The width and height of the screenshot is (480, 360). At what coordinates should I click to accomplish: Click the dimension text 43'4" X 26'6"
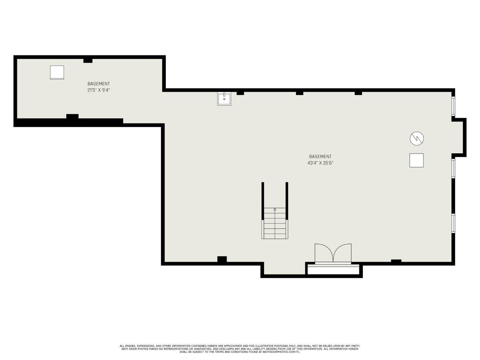pos(320,163)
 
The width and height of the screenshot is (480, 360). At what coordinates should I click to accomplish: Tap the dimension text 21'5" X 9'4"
pos(99,90)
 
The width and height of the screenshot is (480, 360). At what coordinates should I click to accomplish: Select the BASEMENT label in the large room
pos(320,156)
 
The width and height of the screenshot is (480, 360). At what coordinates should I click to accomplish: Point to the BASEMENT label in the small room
pos(99,84)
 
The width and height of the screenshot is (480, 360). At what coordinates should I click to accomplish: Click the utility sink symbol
pos(224,99)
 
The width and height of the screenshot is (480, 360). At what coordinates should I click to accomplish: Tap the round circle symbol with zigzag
pos(417,139)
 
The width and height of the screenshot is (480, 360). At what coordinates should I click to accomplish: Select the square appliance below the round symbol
pos(417,160)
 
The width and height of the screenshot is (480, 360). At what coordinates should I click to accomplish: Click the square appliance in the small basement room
pos(57,72)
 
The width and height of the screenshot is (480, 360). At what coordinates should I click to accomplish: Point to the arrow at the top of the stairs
pos(275,209)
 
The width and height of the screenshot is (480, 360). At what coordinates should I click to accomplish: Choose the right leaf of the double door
pos(343,253)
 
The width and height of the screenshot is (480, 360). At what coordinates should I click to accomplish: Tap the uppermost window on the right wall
pos(453,106)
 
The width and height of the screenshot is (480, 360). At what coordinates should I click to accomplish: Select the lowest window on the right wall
pos(453,223)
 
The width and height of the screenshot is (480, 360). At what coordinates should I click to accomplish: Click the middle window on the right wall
pos(453,168)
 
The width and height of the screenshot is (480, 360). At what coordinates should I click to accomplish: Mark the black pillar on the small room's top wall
pos(88,60)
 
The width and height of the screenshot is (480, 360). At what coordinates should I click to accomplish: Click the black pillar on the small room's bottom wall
pos(72,116)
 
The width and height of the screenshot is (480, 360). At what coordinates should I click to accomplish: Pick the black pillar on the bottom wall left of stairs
pos(222,259)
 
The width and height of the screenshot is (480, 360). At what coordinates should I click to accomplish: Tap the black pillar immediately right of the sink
pos(240,93)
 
